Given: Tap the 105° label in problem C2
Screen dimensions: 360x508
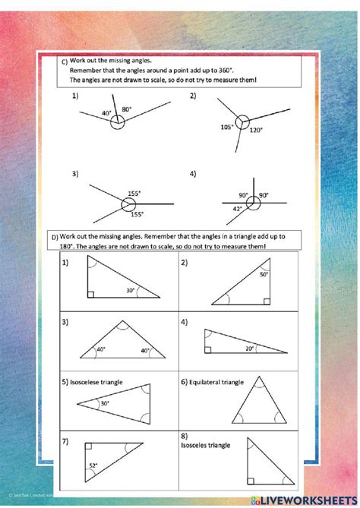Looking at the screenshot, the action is point(226,128).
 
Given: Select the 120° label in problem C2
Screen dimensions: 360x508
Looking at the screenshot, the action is point(256,131).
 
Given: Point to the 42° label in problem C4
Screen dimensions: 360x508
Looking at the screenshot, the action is point(238,208).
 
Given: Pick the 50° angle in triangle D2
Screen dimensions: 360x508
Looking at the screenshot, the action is point(263,274).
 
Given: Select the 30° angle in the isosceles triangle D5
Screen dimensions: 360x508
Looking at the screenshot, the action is point(105,404).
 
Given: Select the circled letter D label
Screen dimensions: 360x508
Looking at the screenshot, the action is point(55,238).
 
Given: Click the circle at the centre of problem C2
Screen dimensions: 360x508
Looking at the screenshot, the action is point(242,121).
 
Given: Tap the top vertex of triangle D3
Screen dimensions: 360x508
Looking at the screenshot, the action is point(122,322).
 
